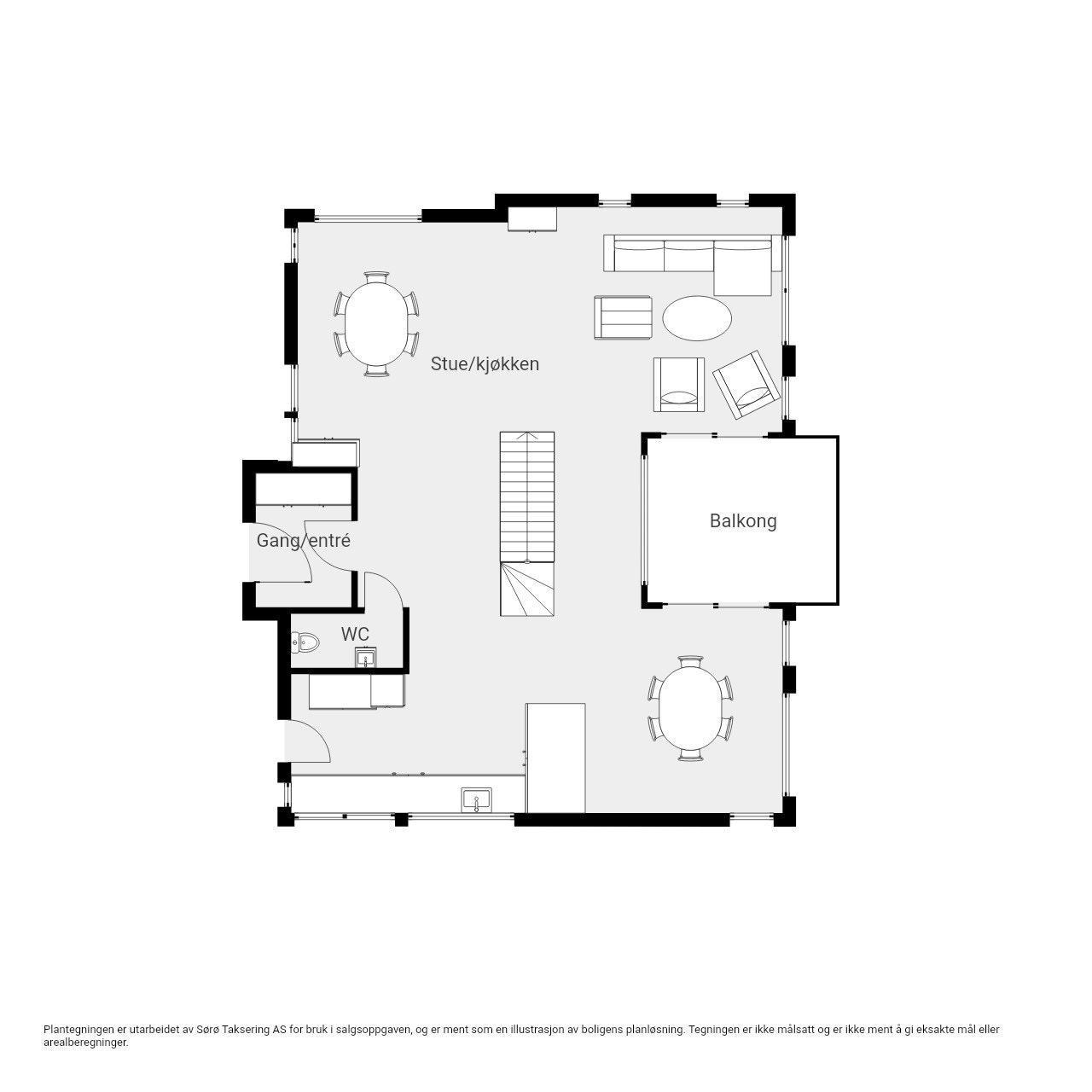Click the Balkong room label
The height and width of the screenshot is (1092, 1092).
742,520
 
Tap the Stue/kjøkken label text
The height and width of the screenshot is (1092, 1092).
485,363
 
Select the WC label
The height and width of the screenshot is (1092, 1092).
355,634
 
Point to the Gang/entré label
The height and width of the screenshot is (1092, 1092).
303,541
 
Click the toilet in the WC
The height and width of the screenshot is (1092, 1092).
305,642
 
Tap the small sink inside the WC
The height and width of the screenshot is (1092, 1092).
365,658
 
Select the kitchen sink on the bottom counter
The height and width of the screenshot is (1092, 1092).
476,800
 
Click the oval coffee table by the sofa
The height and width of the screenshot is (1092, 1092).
696,318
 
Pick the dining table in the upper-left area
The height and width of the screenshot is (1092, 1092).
376,324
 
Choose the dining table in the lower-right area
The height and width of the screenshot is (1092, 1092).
691,708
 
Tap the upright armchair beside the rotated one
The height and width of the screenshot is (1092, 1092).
678,384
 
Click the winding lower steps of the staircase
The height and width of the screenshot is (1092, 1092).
527,589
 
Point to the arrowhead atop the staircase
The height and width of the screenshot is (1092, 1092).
527,435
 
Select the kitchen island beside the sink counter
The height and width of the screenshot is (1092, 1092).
555,758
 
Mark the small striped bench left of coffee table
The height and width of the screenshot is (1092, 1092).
623,317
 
